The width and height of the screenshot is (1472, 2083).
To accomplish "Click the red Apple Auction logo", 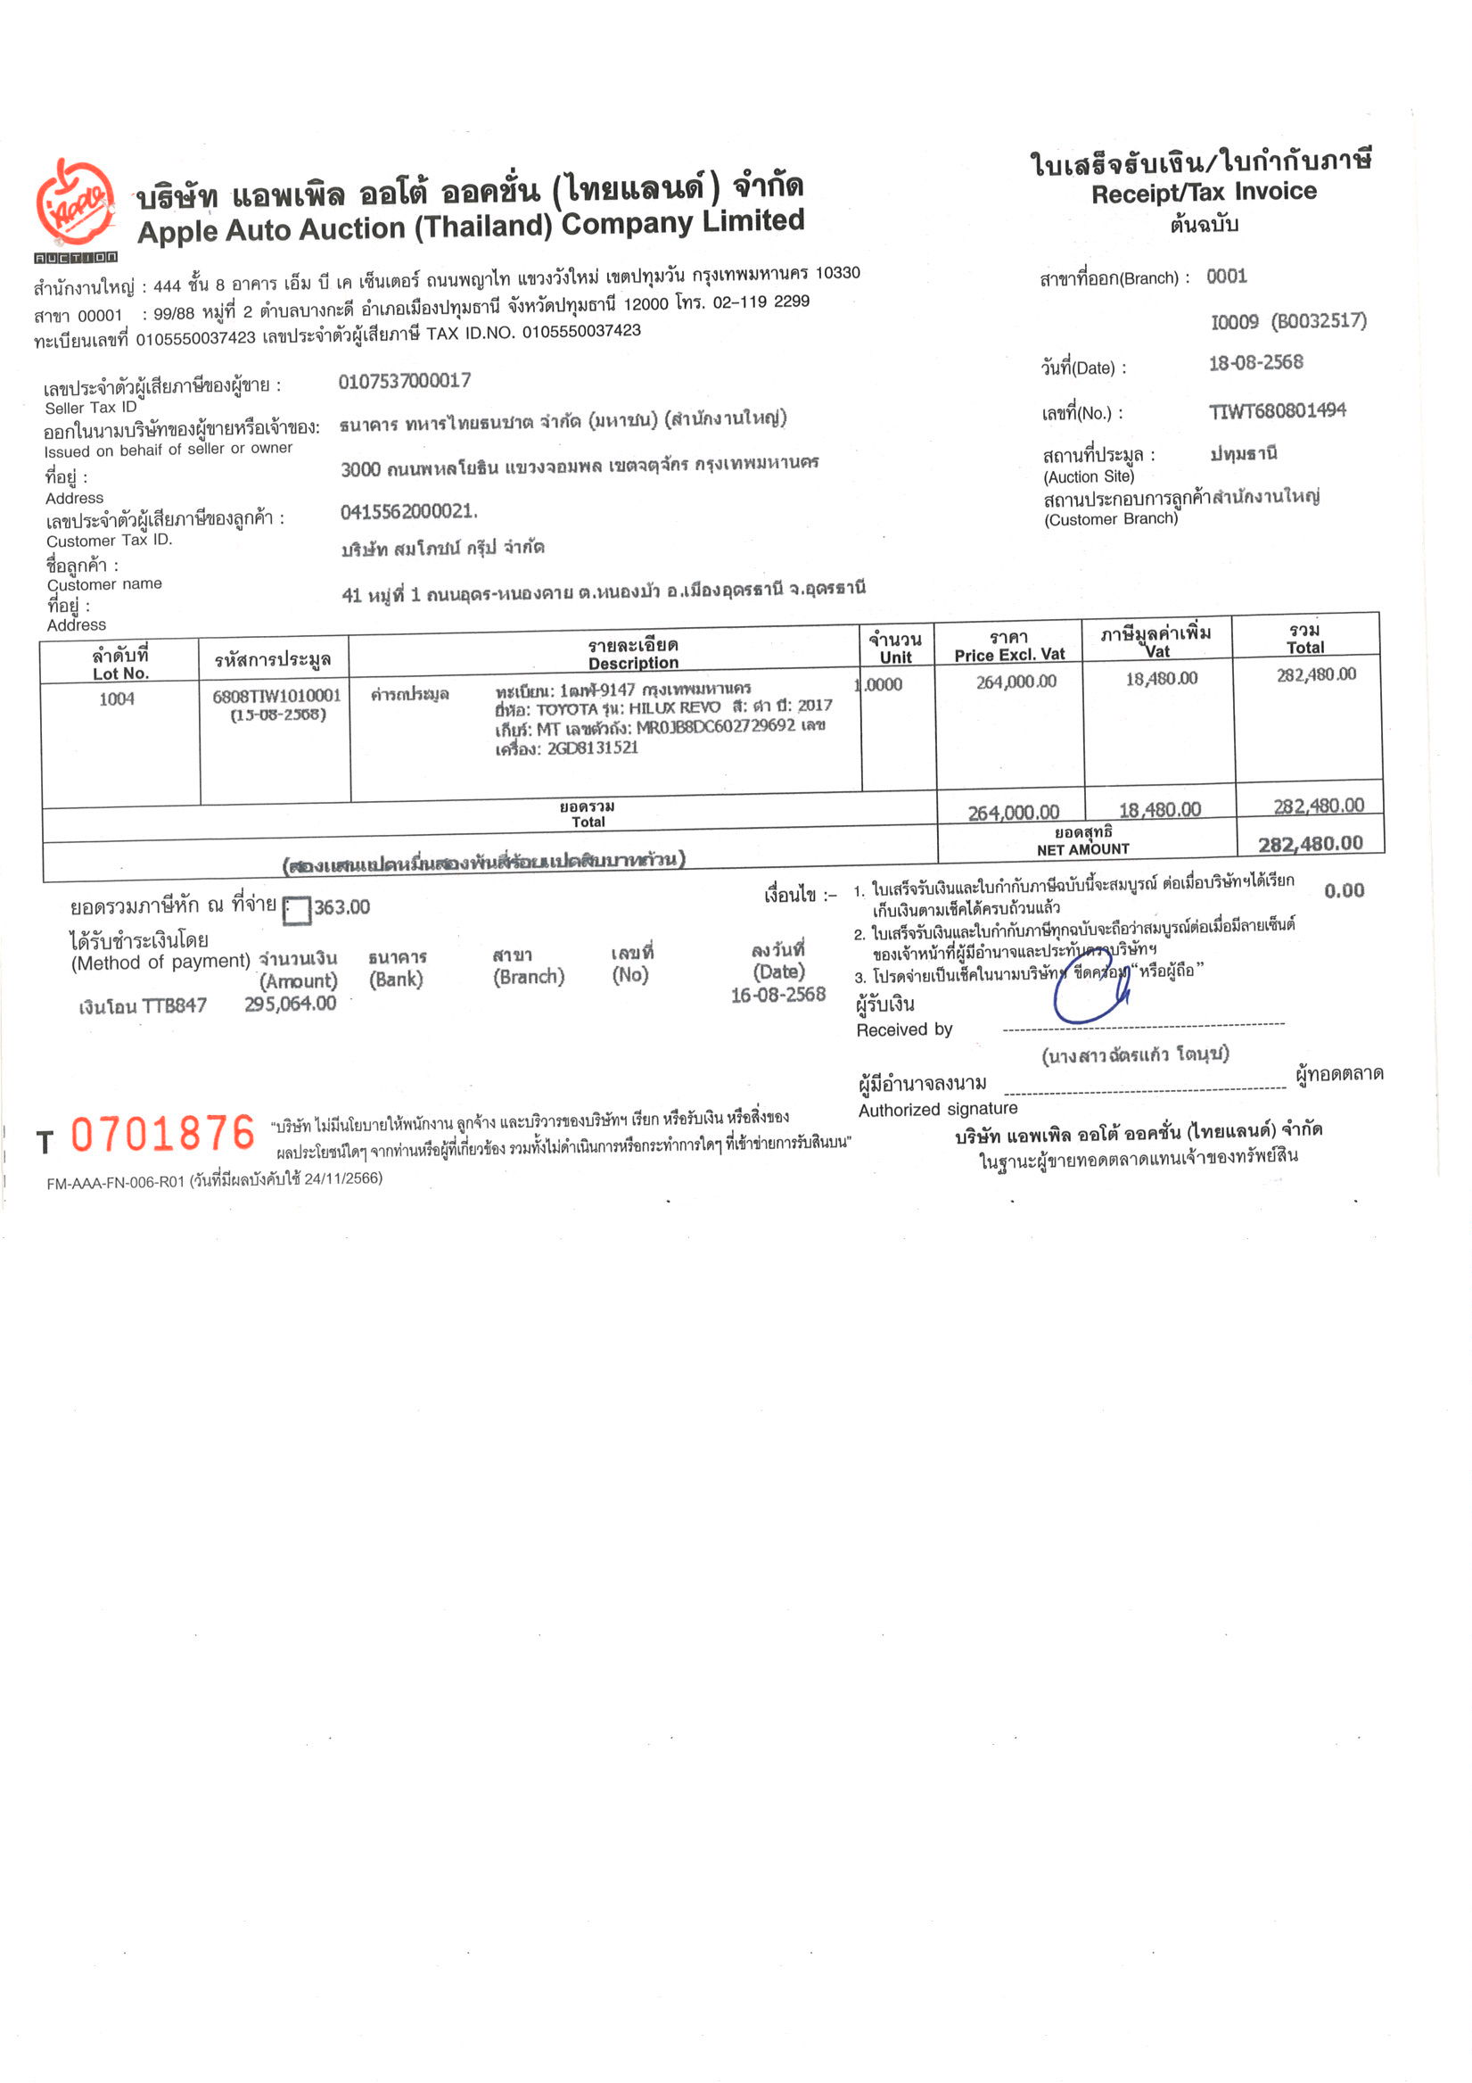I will tap(75, 205).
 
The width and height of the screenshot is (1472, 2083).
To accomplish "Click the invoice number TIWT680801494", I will tap(1277, 411).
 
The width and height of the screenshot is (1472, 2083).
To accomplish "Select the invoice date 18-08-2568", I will tap(1255, 363).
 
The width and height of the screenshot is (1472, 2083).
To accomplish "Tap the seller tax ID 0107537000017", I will tap(405, 381).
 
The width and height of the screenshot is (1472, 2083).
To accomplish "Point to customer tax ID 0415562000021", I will tap(407, 512).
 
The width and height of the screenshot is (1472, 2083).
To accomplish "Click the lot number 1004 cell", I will tap(117, 698).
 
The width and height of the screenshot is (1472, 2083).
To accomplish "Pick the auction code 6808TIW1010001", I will tap(276, 696).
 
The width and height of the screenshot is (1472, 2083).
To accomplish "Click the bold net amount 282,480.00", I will tap(1310, 844).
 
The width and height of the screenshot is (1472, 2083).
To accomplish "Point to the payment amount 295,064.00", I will tap(291, 1004).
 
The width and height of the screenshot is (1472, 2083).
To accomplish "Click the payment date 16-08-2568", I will tap(778, 995).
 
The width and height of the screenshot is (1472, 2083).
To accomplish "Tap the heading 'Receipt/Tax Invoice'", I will tap(1204, 193).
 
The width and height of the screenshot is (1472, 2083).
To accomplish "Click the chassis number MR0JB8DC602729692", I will tap(716, 727).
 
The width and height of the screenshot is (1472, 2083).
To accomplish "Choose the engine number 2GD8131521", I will tap(592, 748).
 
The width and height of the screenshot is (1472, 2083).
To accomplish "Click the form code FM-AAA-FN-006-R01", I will tap(115, 1182).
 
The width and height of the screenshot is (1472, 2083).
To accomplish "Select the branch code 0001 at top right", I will tap(1226, 277).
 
